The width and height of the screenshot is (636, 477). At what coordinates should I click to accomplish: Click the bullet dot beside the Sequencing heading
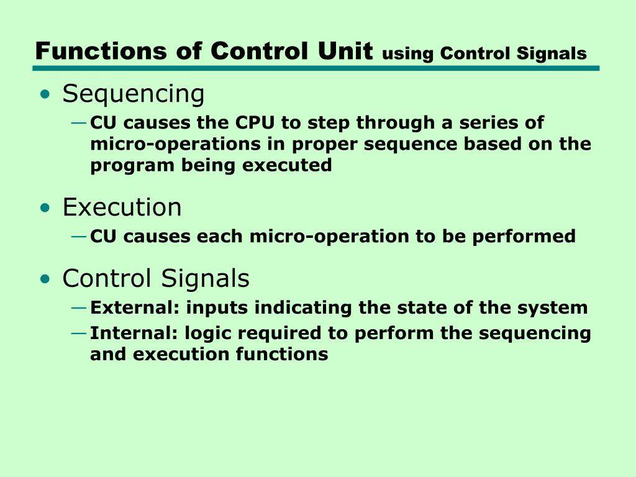[x=45, y=95]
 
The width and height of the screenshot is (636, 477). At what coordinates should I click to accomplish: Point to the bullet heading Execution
[x=122, y=207]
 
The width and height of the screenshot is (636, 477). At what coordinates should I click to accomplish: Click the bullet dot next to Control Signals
[x=45, y=279]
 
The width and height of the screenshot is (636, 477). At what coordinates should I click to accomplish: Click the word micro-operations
[x=166, y=144]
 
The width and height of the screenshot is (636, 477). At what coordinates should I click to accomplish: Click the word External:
[x=135, y=307]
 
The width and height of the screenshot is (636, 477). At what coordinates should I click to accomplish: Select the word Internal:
[x=134, y=333]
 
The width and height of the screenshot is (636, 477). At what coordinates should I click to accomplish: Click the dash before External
[x=79, y=307]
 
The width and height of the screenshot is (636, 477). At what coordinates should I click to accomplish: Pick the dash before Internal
[x=79, y=333]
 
